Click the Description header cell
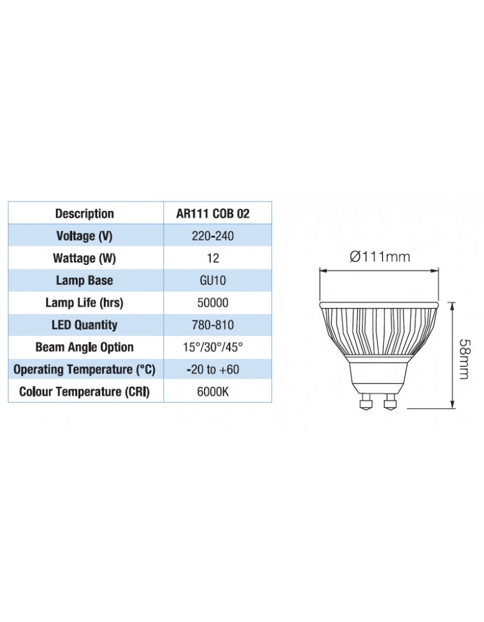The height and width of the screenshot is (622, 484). [x=85, y=213]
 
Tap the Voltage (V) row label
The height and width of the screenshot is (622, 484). [x=85, y=236]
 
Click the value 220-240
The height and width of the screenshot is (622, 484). [x=213, y=236]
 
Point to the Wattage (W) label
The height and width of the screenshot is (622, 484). [x=85, y=258]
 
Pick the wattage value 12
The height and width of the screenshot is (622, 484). [x=213, y=258]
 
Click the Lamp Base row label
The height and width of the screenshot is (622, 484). [x=85, y=281]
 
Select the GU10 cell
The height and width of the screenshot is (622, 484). [x=213, y=281]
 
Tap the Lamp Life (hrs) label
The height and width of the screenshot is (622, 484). [x=85, y=303]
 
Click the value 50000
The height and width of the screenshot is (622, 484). [x=213, y=303]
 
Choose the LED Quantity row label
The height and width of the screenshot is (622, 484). [x=85, y=325]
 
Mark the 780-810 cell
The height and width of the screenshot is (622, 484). [x=213, y=325]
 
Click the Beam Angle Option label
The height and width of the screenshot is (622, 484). [x=85, y=347]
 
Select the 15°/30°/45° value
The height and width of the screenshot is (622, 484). [x=213, y=347]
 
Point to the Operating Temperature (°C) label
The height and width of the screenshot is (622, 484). [x=85, y=369]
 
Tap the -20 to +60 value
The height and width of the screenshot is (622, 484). [x=213, y=369]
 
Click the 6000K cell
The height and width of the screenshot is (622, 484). [x=213, y=392]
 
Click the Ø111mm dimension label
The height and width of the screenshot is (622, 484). [x=379, y=256]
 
